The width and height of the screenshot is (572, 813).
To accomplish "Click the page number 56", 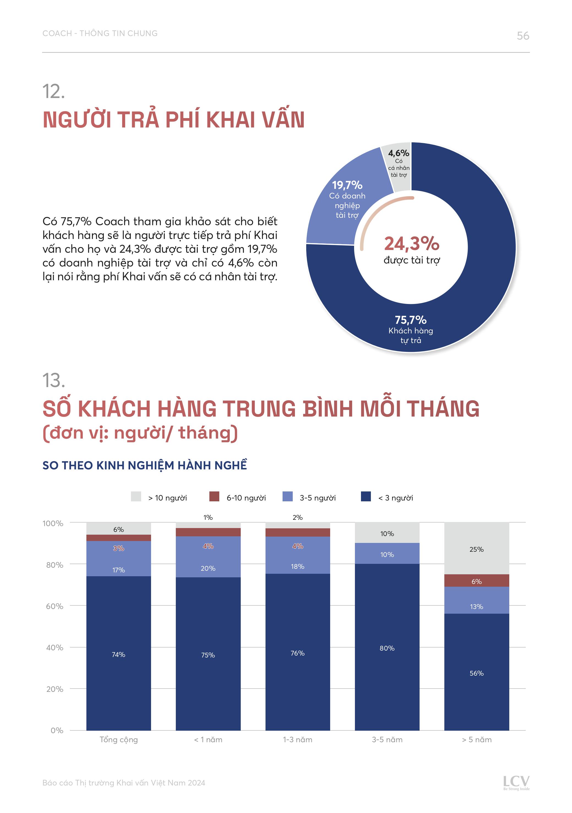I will click(x=522, y=36).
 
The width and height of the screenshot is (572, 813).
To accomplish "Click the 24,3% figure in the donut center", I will click(x=411, y=244).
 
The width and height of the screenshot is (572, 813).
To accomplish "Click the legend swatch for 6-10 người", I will click(x=214, y=496).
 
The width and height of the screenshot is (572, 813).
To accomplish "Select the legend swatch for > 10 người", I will click(x=136, y=496).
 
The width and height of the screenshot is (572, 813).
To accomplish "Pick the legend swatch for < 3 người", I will click(x=366, y=496).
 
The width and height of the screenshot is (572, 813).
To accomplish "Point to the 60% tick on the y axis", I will click(x=54, y=606).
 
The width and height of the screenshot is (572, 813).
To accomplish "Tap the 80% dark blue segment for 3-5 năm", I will click(x=387, y=648).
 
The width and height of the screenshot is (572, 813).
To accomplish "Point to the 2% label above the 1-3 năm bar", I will click(x=297, y=517).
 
